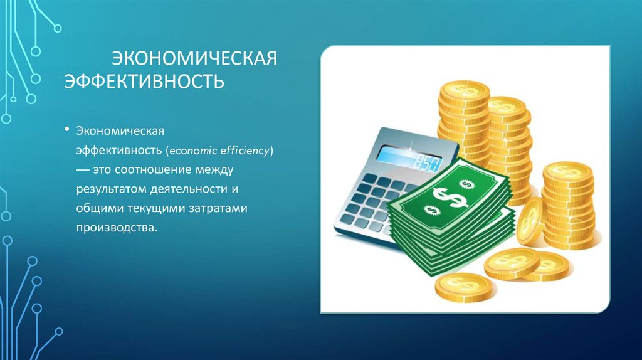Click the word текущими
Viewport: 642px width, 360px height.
(x=150, y=208)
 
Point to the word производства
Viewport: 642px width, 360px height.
(x=115, y=226)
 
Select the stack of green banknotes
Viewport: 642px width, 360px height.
(x=451, y=216)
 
